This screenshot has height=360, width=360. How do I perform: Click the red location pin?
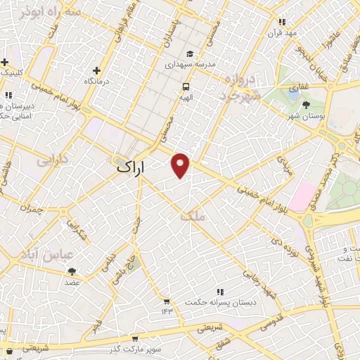coord(181,165)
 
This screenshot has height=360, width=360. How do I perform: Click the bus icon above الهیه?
coord(186,86)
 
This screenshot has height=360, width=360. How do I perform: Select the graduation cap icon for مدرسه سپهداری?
coord(190,53)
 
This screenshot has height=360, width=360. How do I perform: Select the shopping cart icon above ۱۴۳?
coord(167,300)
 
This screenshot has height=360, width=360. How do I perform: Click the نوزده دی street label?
coord(298,242)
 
